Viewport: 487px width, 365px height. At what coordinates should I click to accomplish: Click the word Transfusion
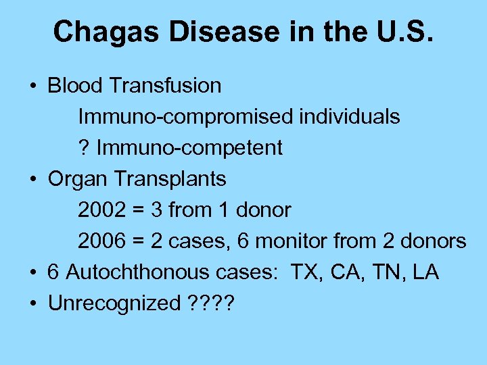click(165, 86)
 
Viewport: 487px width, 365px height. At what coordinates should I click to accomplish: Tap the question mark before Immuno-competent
click(84, 148)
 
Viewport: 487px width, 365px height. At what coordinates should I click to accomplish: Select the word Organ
click(78, 179)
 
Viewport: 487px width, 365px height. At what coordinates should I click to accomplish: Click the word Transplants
click(170, 179)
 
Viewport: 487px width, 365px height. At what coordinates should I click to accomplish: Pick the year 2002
click(102, 210)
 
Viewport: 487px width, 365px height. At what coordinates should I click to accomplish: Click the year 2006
click(102, 241)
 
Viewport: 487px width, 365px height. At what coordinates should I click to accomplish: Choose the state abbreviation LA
click(425, 272)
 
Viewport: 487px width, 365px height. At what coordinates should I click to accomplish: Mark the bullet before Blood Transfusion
click(32, 87)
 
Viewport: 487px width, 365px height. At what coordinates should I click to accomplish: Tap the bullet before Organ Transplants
click(32, 180)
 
